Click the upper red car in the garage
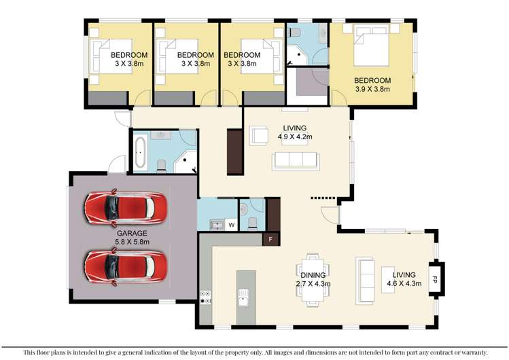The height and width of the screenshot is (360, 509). (125, 208)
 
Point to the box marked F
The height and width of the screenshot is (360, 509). (271, 239)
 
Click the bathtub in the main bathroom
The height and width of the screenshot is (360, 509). (141, 153)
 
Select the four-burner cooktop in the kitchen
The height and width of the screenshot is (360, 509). (206, 297)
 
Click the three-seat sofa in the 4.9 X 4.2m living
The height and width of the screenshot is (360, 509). (296, 161)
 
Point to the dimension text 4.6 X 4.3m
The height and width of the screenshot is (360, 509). (401, 283)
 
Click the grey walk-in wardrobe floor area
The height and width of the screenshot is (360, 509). (307, 84)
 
